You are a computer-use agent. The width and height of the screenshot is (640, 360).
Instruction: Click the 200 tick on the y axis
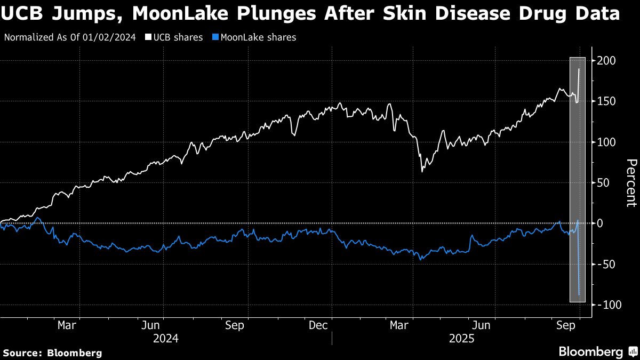pos(608,61)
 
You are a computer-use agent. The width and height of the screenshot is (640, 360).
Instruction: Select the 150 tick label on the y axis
pos(608,101)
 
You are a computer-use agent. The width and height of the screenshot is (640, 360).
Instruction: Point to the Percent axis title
pos(631,183)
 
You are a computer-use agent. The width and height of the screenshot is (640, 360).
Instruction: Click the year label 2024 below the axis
pos(165,339)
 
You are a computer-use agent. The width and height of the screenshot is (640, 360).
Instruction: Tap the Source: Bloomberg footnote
pos(52,353)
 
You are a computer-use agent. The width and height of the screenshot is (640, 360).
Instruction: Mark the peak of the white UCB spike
pos(579,69)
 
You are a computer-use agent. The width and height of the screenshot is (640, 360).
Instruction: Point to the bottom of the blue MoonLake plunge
pos(579,295)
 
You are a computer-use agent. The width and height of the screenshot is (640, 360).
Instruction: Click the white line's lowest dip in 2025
pos(422,171)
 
